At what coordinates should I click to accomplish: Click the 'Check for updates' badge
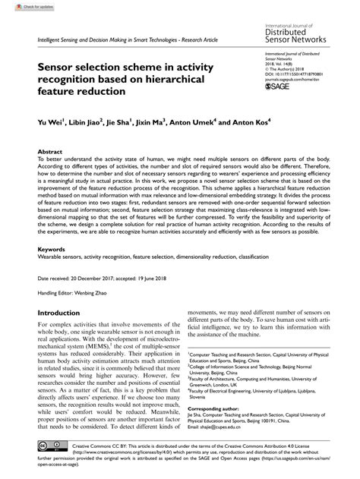(24, 7)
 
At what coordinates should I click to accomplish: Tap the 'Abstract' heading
(49, 152)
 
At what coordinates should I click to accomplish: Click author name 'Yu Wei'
(50, 121)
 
